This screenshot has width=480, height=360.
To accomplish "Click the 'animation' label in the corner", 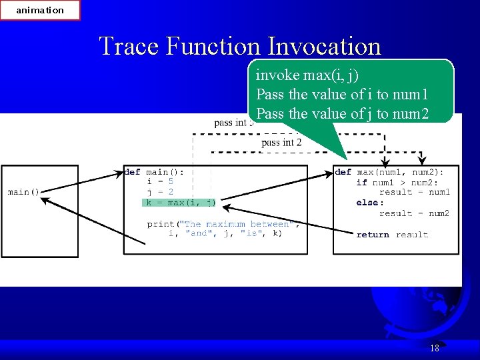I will tap(40, 10).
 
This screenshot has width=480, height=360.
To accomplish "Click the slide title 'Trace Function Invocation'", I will tap(240, 46).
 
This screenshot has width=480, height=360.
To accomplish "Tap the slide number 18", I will tap(435, 348).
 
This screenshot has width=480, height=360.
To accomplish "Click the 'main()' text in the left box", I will tap(24, 192).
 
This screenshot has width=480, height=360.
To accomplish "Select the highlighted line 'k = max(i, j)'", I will tap(181, 203).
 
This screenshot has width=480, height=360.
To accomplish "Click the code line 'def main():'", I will tap(154, 172).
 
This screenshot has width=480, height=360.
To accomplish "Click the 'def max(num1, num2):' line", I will tap(389, 172).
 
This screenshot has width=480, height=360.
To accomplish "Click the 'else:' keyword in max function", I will tap(370, 203).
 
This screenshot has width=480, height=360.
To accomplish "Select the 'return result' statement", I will tap(392, 235).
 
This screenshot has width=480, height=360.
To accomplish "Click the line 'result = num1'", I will tap(414, 192).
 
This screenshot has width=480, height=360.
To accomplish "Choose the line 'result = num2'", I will tap(414, 213).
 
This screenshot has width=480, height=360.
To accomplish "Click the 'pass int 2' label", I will tap(281, 143).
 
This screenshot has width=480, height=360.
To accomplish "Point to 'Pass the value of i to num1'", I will tap(344, 94).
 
